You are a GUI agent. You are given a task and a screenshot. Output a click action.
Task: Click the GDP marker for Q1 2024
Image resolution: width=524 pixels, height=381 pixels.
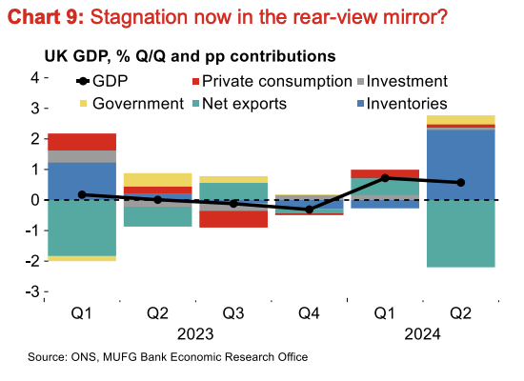385,178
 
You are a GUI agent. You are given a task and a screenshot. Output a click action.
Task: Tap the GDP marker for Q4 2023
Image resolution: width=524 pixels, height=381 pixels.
310,210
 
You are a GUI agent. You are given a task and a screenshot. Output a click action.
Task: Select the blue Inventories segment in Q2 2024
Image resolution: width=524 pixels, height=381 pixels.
461,165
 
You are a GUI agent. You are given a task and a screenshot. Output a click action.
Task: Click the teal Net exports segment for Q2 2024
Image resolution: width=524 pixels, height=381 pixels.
461,233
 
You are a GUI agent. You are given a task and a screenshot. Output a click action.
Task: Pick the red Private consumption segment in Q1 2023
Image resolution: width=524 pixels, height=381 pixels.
82,142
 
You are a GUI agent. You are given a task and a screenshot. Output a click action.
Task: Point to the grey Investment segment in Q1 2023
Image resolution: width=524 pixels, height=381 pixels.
82,157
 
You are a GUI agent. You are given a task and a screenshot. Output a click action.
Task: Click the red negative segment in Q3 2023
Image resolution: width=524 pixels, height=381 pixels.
233,219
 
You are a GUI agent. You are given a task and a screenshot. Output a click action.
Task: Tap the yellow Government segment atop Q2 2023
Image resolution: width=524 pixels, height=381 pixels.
158,180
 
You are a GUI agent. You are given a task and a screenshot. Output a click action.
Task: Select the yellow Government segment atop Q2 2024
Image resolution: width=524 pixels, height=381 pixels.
461,120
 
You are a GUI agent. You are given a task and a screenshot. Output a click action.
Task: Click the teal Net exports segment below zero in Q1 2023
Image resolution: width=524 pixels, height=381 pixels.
82,228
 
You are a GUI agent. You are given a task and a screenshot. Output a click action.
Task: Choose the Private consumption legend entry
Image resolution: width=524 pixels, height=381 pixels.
272,81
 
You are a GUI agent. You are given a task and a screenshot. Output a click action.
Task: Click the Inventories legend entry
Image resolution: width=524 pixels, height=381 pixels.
402,104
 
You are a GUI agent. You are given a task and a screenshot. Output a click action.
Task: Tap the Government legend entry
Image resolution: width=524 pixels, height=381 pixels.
131,104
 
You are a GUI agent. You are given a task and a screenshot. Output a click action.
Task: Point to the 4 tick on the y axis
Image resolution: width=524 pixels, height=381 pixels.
35,78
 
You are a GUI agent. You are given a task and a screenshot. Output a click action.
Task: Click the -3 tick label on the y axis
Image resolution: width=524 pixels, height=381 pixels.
32,292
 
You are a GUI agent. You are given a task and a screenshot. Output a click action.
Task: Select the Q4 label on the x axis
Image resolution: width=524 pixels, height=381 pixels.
309,313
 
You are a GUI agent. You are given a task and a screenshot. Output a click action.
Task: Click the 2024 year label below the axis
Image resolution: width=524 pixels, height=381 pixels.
422,334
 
